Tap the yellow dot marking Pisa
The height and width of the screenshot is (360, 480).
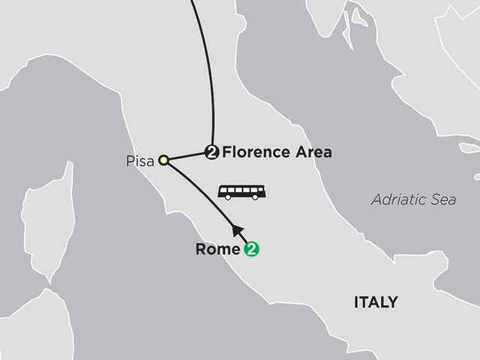point(163,158)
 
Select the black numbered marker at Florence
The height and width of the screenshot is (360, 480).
point(211,152)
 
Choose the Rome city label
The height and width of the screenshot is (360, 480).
point(217,250)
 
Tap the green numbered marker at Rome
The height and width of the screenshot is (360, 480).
point(252,250)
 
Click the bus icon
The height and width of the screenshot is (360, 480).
point(241,191)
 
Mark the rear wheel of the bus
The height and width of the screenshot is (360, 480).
point(227,196)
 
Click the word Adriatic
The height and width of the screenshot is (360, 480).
point(394,199)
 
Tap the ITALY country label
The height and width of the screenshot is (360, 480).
point(376,302)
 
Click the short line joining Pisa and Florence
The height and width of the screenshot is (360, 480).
point(186,155)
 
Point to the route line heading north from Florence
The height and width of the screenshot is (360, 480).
point(210,75)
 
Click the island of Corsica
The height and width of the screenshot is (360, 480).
point(48,217)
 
